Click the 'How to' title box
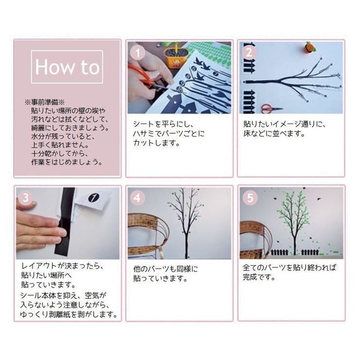click(67, 67)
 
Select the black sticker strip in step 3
click(66, 221)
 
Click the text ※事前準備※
click(48, 103)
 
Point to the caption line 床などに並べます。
click(274, 133)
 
